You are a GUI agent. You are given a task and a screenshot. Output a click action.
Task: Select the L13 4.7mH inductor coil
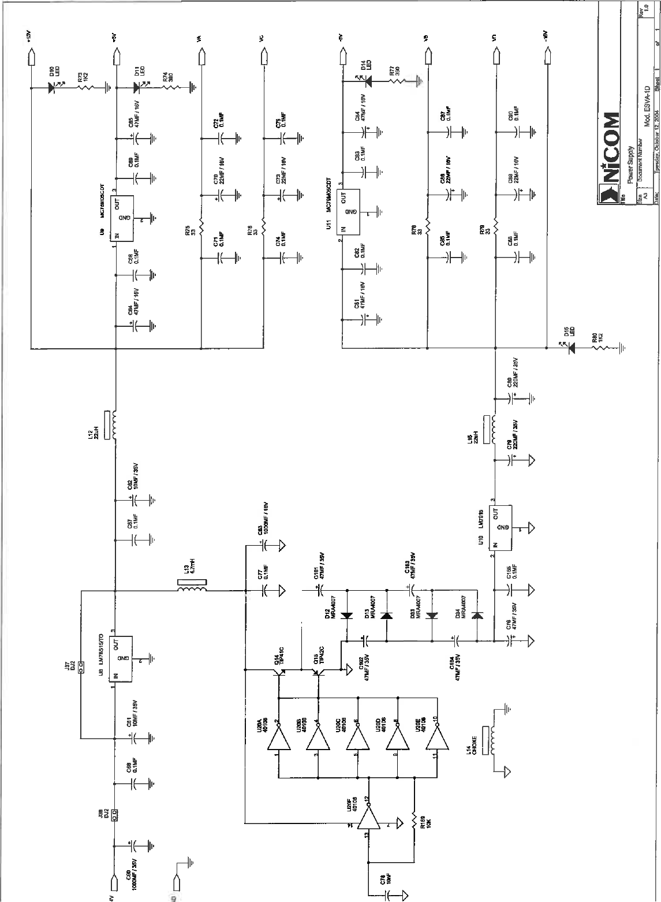[x=191, y=590]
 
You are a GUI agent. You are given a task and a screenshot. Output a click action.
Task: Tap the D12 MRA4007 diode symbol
[x=346, y=616]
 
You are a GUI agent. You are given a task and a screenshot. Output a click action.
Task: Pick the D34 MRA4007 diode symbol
[x=477, y=616]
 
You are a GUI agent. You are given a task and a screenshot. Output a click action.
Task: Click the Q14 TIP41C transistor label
[x=279, y=655]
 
